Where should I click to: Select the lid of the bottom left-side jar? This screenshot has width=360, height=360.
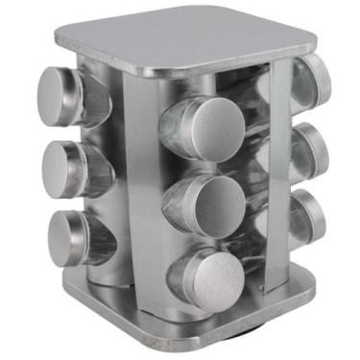tap(65, 237)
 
